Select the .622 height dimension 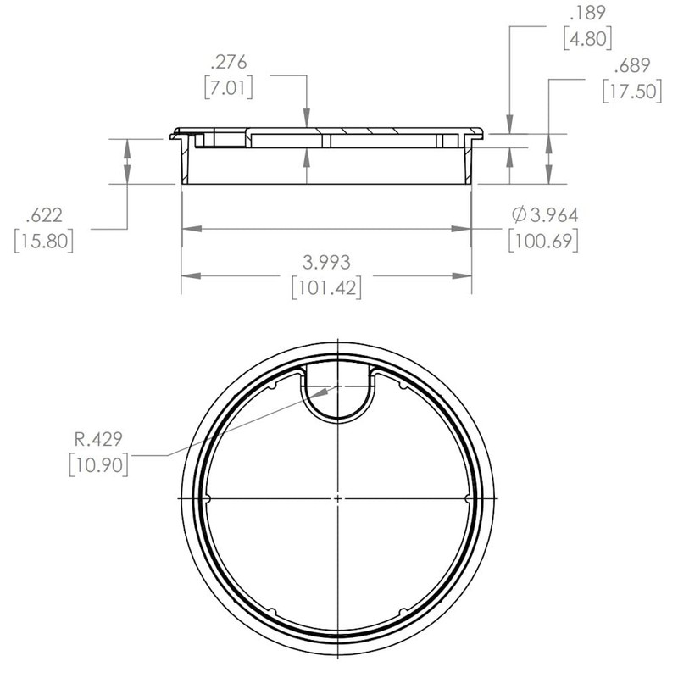click(x=43, y=215)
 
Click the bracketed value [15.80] click(x=44, y=241)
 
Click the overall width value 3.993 click(x=326, y=262)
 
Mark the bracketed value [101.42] click(x=326, y=287)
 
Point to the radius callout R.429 click(x=97, y=439)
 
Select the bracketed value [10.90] click(x=97, y=464)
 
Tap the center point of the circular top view click(x=337, y=497)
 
